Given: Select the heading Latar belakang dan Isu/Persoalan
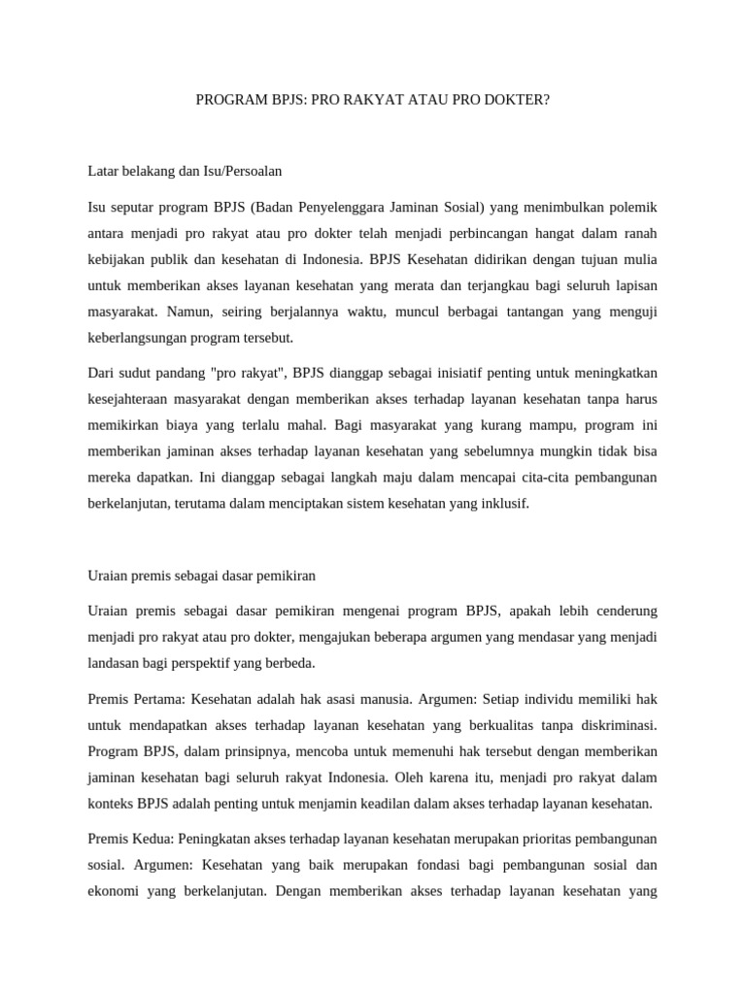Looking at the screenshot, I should pos(185,172).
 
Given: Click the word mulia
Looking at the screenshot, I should pos(638,259).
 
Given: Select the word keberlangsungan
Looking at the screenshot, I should pos(136,338).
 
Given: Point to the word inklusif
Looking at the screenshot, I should pos(503,504).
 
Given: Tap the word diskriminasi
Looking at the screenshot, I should pos(610,724).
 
